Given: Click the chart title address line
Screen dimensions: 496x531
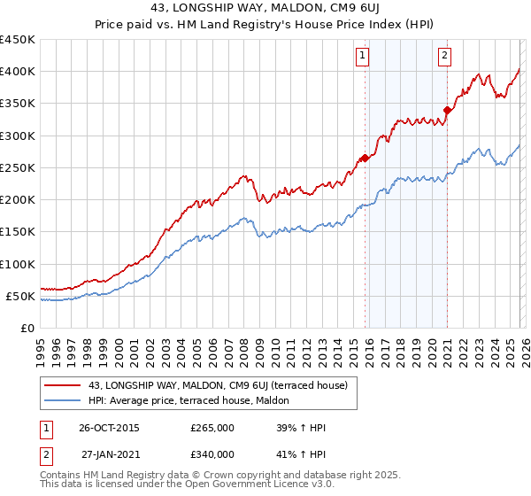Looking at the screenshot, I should coord(265,9).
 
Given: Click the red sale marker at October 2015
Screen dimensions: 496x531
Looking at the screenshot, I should coord(365,159).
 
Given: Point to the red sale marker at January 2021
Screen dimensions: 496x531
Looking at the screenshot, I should coord(447,111).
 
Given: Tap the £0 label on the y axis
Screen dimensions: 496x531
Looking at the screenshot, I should coord(27,328).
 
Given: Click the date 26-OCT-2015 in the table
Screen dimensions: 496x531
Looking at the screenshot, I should coord(109,428).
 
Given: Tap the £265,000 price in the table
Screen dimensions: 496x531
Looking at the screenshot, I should coord(212,428).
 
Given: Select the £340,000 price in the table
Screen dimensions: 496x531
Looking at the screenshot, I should coord(212,454).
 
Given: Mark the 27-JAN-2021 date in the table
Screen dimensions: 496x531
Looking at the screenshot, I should coord(109,454).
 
